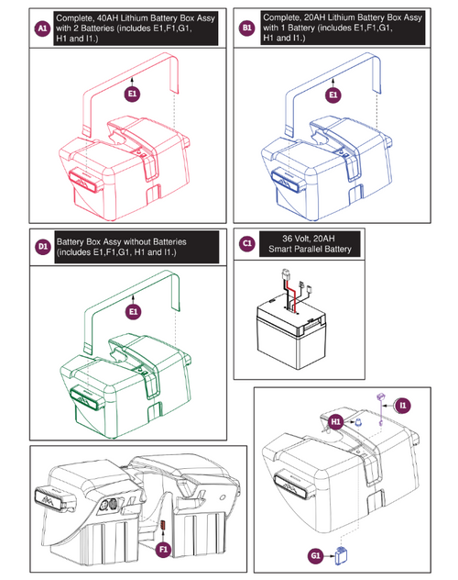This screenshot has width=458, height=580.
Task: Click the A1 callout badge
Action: point(40,29)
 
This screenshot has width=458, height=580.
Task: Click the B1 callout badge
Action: point(246,29)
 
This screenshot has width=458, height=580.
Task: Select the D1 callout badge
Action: point(41,246)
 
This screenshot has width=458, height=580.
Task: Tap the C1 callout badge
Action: point(246,243)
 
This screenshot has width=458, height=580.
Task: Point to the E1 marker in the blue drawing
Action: point(333,94)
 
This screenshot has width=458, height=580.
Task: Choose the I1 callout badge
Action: point(403,405)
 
